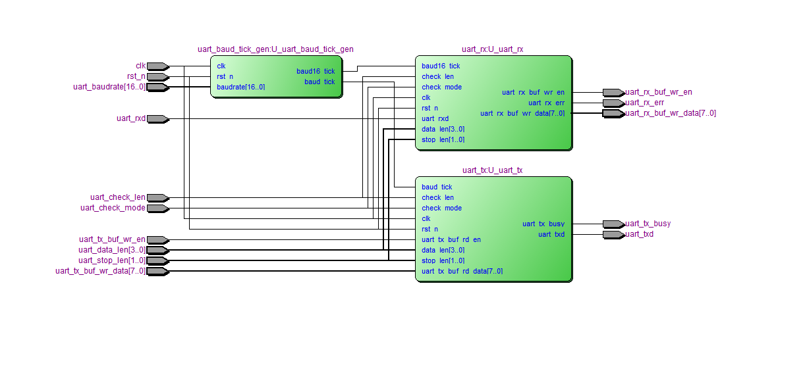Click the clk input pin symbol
(x=157, y=66)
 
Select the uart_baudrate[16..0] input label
(x=109, y=87)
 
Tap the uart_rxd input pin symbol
(x=157, y=118)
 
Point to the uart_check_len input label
(x=118, y=197)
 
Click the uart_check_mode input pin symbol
(x=157, y=208)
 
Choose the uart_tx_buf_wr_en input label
(x=112, y=239)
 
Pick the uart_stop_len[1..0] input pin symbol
(x=157, y=260)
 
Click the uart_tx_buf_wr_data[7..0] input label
(x=101, y=271)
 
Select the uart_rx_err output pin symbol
(x=613, y=103)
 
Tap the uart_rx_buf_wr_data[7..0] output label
(x=670, y=113)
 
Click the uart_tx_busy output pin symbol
(x=613, y=224)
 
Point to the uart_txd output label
(x=639, y=234)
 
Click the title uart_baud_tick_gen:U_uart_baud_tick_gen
(x=275, y=49)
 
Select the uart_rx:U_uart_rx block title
(x=493, y=49)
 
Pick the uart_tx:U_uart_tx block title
(x=493, y=170)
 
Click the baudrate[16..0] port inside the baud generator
(x=241, y=87)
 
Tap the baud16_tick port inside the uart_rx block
(x=441, y=66)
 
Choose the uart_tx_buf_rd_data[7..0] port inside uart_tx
(x=462, y=271)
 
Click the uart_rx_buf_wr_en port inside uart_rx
(x=533, y=92)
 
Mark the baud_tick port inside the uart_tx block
(x=437, y=187)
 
